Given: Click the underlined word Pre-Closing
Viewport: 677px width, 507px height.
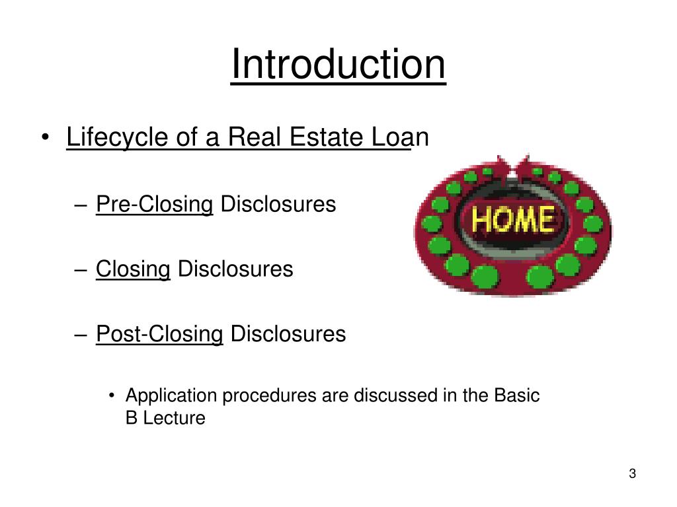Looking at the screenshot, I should point(154,205).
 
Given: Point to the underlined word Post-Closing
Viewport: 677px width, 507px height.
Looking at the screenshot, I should point(159,334).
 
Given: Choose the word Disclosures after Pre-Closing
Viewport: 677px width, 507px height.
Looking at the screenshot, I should point(278,205).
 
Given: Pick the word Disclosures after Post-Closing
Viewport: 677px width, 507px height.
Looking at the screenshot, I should point(288,334).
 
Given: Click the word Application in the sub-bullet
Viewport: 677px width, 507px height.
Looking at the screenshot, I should point(171,396).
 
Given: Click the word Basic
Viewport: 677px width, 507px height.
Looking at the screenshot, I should point(517,396).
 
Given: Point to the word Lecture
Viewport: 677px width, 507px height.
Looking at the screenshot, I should point(176,418).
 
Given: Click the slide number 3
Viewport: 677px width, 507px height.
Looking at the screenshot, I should point(632,474).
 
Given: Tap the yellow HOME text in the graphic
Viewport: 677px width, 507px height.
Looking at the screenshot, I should point(513,219).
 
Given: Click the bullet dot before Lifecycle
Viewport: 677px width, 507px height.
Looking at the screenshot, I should point(45,139).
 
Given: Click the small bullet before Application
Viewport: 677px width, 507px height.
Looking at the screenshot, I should point(113,397).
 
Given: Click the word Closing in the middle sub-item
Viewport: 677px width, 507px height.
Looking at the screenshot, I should point(133,269).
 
